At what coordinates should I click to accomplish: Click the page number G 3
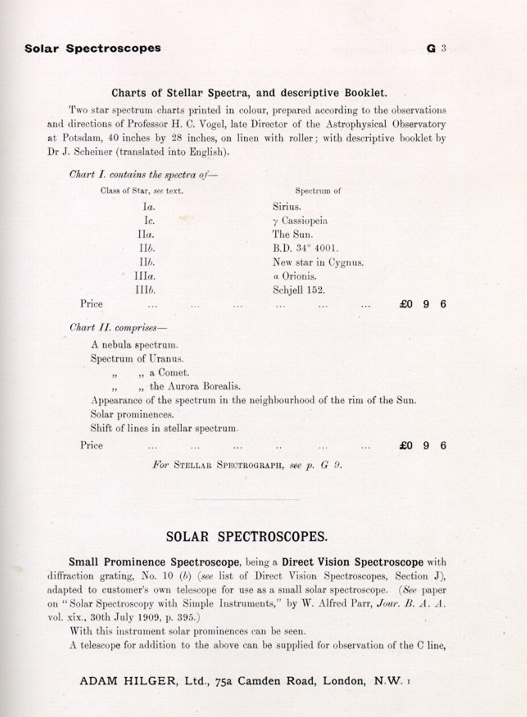point(436,48)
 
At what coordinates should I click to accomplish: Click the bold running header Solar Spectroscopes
point(93,48)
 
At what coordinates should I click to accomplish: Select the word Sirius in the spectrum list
point(286,206)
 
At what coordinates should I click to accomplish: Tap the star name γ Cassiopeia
point(300,221)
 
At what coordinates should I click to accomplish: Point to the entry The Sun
point(293,235)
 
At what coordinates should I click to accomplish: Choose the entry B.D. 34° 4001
point(305,248)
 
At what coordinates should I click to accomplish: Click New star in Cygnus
point(318,262)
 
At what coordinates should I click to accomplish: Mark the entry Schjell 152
point(299,290)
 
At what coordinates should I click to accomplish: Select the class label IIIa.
point(145,277)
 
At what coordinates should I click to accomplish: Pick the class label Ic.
point(149,221)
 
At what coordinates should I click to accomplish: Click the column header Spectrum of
point(318,191)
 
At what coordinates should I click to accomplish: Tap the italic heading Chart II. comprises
point(118,328)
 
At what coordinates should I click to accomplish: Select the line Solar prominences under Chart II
point(132,415)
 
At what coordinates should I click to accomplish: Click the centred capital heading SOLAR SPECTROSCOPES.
point(247,537)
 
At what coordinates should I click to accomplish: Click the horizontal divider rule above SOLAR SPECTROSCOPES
point(246,499)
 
